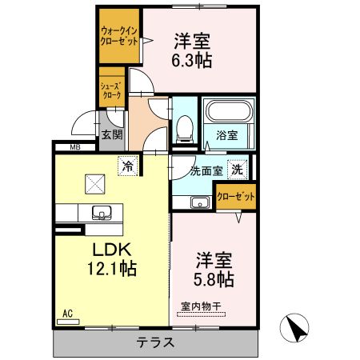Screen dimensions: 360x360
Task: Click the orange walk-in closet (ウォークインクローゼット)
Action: [118, 37]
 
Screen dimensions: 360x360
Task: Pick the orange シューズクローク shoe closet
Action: [111, 89]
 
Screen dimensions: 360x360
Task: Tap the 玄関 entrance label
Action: [111, 135]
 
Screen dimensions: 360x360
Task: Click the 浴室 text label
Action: [226, 136]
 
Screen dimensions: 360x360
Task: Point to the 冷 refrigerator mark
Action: [127, 166]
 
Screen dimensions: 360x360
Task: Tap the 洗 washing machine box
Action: [237, 170]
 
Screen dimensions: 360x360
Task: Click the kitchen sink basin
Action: [102, 213]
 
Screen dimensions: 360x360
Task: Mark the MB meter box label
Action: [75, 147]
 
